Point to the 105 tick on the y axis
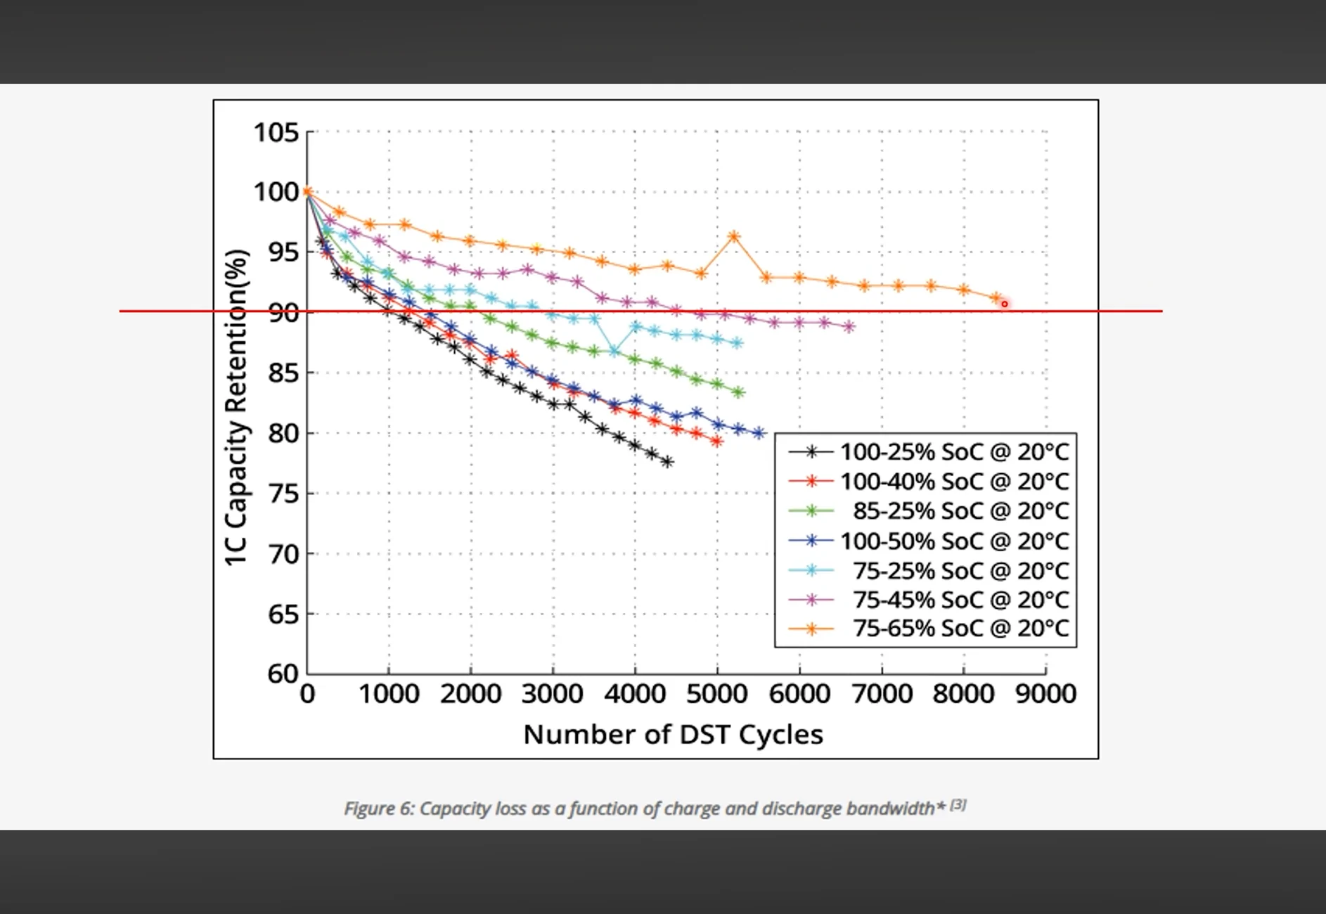click(276, 132)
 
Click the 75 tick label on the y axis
click(283, 494)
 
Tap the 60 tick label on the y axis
click(283, 674)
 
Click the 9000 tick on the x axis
click(1045, 694)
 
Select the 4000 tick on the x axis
click(635, 694)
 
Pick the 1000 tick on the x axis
click(389, 694)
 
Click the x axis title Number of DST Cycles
click(673, 734)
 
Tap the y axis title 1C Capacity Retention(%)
click(236, 408)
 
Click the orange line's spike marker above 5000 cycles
click(734, 237)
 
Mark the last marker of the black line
click(667, 462)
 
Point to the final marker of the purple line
click(849, 326)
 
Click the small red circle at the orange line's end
click(1005, 304)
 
